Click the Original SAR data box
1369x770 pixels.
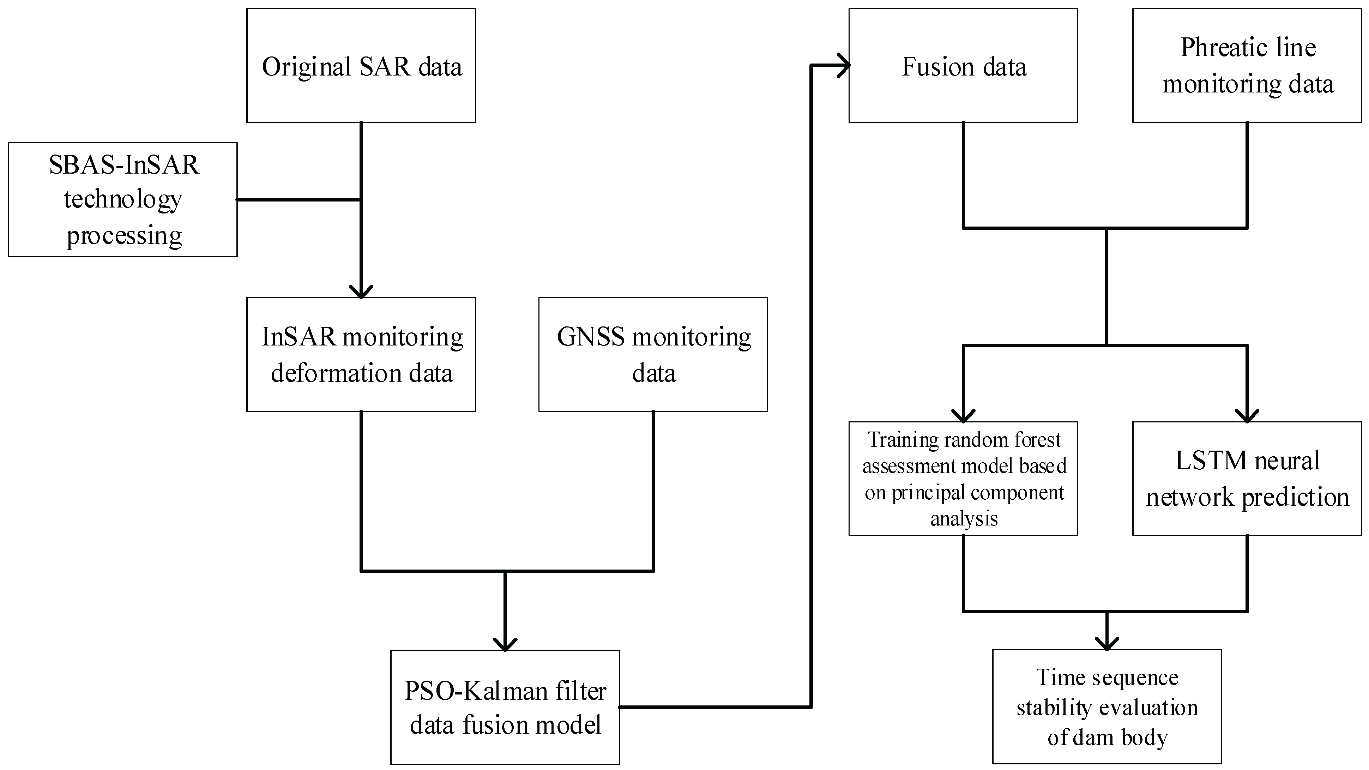[361, 65]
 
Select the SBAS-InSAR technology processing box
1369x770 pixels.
[123, 200]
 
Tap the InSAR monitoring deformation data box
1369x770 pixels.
[361, 354]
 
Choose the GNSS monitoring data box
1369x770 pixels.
[653, 354]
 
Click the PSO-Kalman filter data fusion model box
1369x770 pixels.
[505, 707]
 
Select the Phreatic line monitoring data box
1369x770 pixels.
[1247, 65]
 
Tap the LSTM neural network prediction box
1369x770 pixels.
[1247, 478]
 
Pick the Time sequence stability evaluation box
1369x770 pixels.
[1106, 707]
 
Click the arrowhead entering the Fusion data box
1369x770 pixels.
[843, 65]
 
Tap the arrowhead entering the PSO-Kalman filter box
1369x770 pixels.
[505, 644]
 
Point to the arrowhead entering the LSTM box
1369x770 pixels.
[1247, 416]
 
